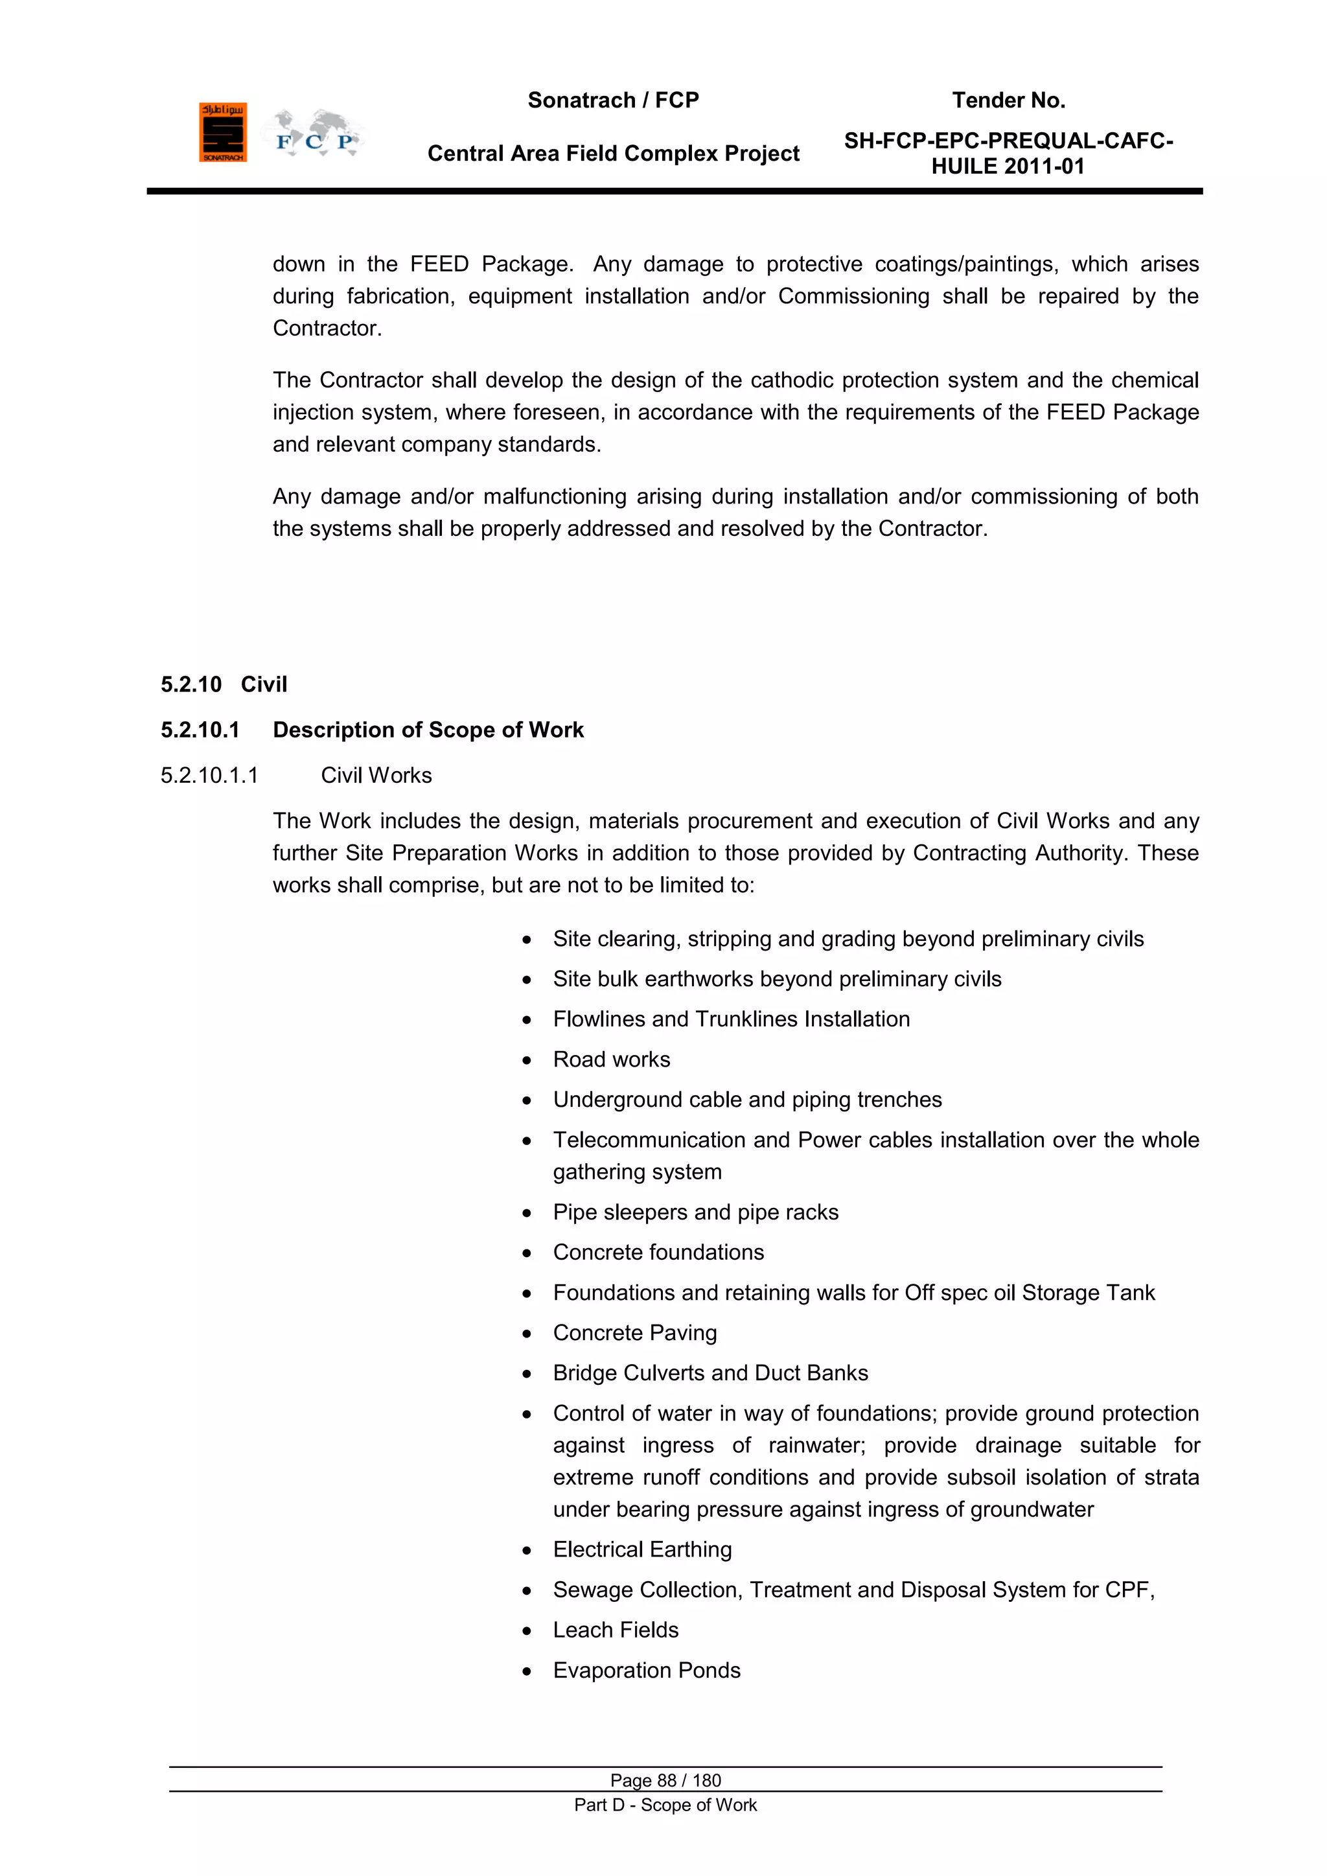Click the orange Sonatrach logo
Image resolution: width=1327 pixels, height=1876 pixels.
tap(222, 132)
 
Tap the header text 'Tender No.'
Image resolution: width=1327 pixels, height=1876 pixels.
tap(1008, 100)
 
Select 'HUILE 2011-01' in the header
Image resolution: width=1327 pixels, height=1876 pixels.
tap(1008, 167)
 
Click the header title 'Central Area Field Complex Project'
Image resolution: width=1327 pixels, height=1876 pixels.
tap(613, 154)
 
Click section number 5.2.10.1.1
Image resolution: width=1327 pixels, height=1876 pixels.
tap(209, 776)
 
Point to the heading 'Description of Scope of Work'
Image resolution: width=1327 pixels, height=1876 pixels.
tap(428, 730)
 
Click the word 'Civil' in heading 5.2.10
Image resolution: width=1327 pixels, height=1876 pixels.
tap(264, 685)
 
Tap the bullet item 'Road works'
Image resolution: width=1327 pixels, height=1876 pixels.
tap(611, 1060)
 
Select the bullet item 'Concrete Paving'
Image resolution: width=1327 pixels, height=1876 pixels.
tap(635, 1334)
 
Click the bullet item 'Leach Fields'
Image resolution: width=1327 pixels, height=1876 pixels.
tap(616, 1630)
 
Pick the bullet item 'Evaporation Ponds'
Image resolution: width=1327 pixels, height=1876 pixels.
tap(647, 1670)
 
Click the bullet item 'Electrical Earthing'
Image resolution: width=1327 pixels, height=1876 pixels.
tap(642, 1550)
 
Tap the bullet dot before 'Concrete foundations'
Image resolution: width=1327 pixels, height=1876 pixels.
tap(527, 1253)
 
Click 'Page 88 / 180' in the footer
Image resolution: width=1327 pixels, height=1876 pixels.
tap(665, 1780)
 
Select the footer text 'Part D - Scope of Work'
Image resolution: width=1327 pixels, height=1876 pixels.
tap(665, 1805)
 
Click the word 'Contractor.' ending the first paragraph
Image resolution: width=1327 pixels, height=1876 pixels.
tap(327, 329)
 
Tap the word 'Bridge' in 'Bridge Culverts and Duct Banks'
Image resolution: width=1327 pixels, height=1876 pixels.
tap(584, 1374)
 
